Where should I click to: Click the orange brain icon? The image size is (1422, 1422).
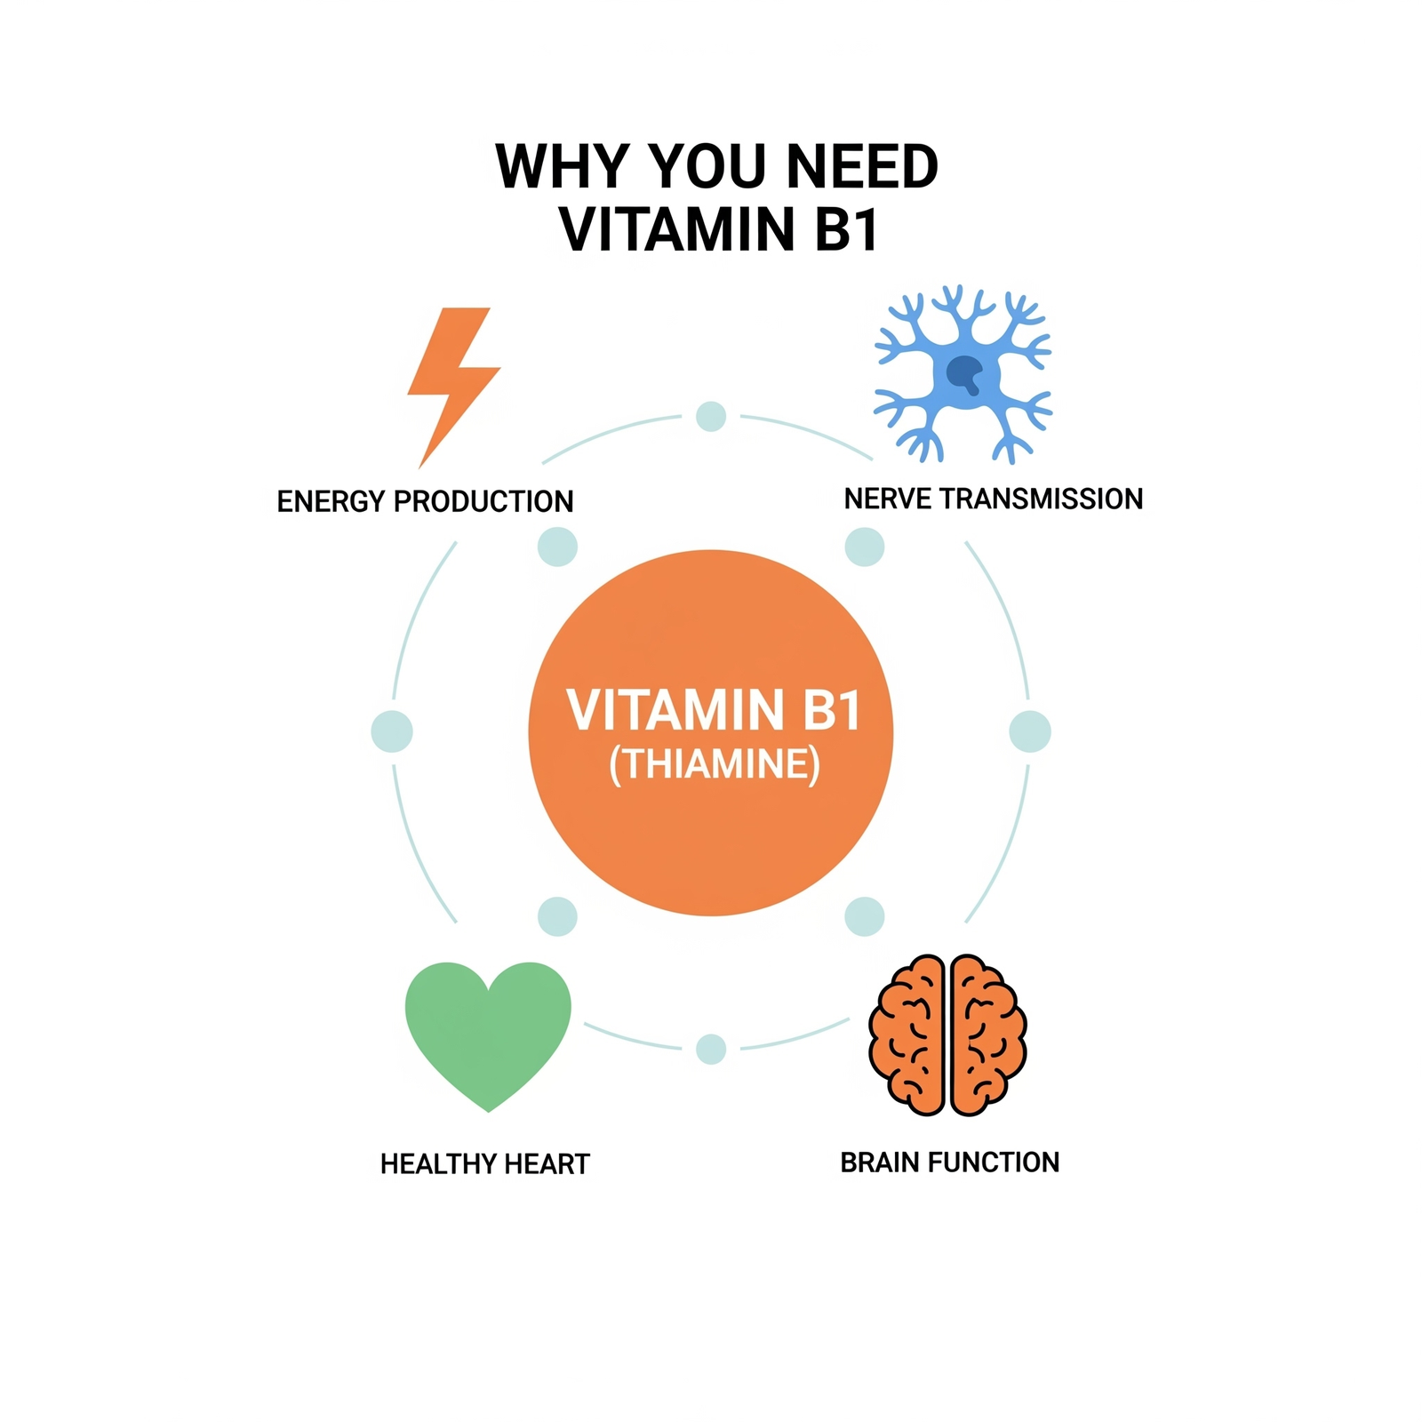[x=947, y=1035]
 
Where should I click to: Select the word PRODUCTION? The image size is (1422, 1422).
[x=483, y=502]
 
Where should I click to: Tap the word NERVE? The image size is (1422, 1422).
[x=888, y=499]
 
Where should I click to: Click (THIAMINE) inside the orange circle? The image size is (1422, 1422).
[x=714, y=764]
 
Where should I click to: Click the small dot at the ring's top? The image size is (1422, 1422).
[x=711, y=416]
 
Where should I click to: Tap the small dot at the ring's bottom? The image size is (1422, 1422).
[x=711, y=1050]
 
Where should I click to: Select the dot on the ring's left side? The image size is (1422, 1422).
[x=392, y=732]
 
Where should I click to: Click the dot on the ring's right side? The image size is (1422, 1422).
[x=1030, y=732]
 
